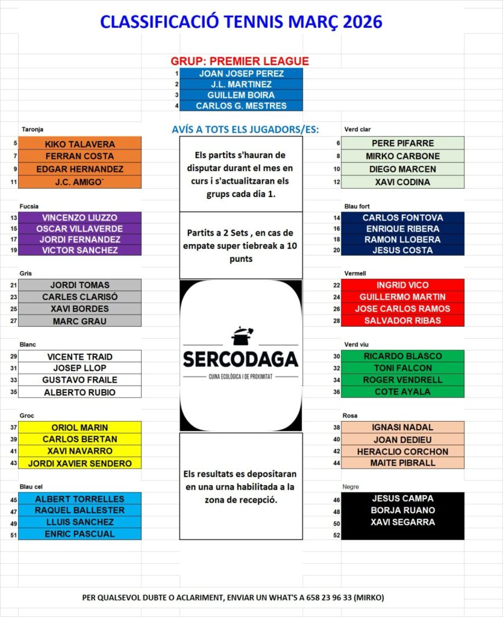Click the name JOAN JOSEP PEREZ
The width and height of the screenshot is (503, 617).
tap(241, 74)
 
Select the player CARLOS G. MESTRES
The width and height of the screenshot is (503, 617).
tap(241, 106)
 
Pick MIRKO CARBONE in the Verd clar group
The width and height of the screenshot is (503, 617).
tap(402, 156)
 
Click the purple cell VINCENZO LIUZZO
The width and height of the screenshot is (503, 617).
tap(80, 218)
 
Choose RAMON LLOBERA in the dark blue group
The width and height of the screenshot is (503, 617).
tap(402, 239)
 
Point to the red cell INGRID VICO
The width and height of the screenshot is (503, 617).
tap(402, 285)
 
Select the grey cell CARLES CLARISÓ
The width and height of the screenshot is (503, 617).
tap(80, 296)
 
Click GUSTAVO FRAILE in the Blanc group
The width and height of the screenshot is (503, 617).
tap(80, 380)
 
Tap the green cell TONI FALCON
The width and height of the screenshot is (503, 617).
tap(402, 368)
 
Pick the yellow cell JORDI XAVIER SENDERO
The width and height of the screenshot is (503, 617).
tap(80, 463)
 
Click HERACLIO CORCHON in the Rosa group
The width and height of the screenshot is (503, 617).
tap(402, 451)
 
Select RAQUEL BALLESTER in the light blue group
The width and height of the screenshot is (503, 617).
tap(80, 510)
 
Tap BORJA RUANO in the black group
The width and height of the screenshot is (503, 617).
tap(402, 510)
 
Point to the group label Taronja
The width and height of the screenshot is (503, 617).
tap(33, 129)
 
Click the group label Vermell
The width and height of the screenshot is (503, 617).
tap(355, 273)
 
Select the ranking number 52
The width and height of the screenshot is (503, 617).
tap(336, 535)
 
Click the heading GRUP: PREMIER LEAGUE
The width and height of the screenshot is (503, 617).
tap(240, 61)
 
